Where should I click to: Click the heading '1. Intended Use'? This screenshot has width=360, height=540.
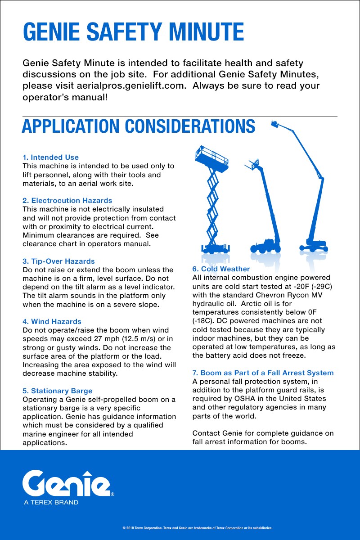pyautogui.click(x=51, y=157)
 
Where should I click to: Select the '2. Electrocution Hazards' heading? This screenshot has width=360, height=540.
pyautogui.click(x=67, y=201)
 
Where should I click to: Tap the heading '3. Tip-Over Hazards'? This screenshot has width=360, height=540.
pyautogui.click(x=59, y=261)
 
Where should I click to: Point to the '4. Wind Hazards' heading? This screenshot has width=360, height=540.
pyautogui.click(x=52, y=322)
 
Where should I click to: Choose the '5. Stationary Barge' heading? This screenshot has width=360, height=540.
pyautogui.click(x=58, y=391)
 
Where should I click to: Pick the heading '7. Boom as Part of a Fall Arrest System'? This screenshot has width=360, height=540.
pyautogui.click(x=263, y=373)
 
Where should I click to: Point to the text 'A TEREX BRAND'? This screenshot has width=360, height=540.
pyautogui.click(x=51, y=502)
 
